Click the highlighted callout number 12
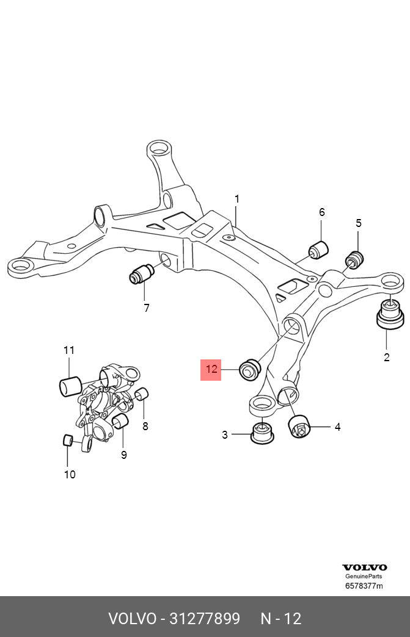coord(211,369)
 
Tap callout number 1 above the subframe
coord(237,199)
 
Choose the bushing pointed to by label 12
coord(250,369)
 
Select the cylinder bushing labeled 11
coord(70,386)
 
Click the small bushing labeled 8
coord(142,394)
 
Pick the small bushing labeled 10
coord(69,440)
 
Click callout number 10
coord(70,474)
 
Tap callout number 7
coord(147,308)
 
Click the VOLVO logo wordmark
coord(365,567)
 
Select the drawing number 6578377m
coord(364,586)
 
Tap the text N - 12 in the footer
coord(281,619)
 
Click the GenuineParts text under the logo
coord(365,577)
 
